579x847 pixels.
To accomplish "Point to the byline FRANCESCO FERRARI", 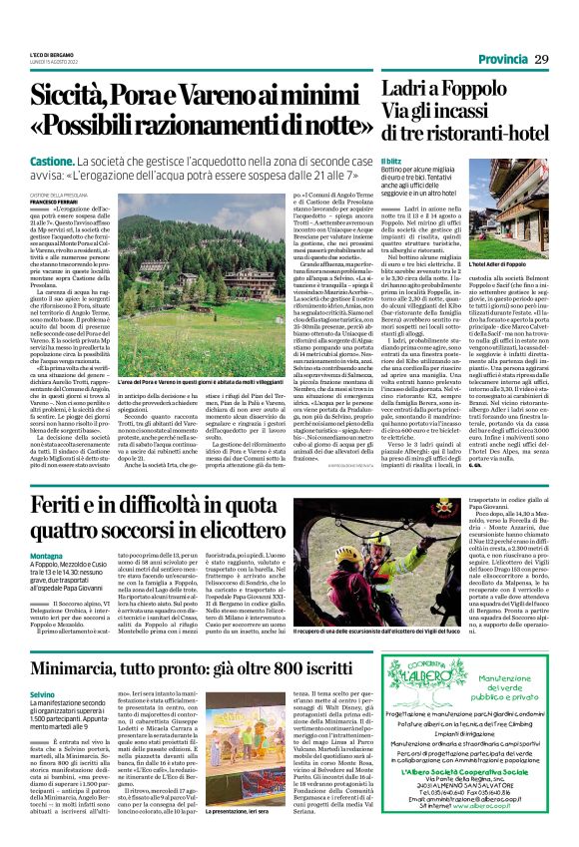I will pos(53,202).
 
